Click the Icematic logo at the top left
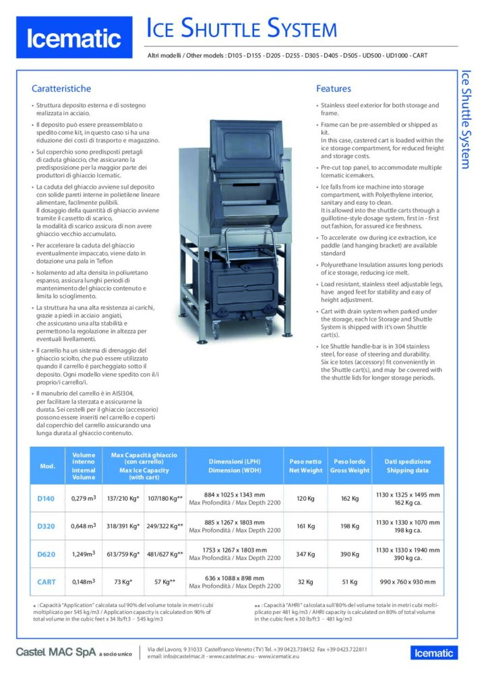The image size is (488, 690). (73, 38)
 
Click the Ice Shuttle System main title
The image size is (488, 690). (242, 29)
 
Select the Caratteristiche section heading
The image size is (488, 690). (61, 88)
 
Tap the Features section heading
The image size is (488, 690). (334, 88)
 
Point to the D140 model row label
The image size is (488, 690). (46, 499)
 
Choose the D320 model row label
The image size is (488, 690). (46, 526)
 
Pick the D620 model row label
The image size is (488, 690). (46, 554)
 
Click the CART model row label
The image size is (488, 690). (46, 581)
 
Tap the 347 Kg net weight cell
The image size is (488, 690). (305, 554)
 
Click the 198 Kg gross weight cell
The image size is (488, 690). (350, 526)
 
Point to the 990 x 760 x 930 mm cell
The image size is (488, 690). (408, 581)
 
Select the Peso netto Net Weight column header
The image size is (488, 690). (305, 466)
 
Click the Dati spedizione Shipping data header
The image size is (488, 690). (408, 466)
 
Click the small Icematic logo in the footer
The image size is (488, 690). (434, 652)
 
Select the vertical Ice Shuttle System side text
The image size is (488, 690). (464, 118)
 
